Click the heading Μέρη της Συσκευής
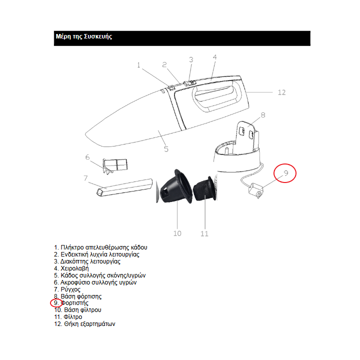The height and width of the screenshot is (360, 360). [83, 37]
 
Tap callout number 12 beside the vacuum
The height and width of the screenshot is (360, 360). [281, 92]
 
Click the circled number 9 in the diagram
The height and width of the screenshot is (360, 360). [286, 173]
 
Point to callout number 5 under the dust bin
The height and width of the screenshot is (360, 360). [166, 148]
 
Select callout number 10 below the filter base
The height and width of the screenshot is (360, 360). [177, 233]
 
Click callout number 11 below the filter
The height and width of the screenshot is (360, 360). [204, 233]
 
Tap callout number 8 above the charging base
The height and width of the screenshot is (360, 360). [263, 114]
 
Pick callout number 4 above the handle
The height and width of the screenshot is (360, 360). [214, 57]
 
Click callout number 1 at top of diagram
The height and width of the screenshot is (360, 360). [138, 64]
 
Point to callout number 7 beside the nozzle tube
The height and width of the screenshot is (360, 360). [86, 177]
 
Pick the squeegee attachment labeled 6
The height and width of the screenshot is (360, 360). [115, 165]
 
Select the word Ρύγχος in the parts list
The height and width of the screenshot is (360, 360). [70, 289]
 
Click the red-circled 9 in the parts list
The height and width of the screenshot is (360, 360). [56, 303]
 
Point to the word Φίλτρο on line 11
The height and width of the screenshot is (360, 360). [73, 317]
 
